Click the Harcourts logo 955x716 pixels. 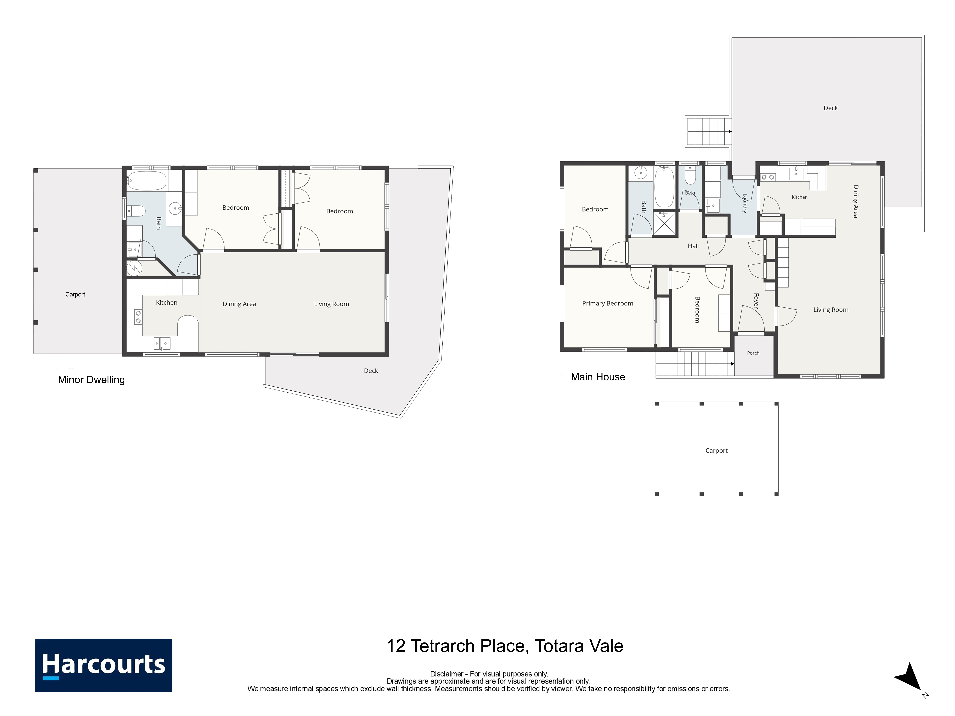[x=104, y=665]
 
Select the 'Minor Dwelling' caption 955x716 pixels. [x=92, y=380]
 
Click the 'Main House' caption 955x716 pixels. [x=598, y=377]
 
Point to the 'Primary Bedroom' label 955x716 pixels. [x=608, y=303]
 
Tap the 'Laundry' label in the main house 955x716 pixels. [x=745, y=203]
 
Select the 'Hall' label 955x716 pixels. [x=693, y=246]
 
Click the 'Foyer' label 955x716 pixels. [x=756, y=301]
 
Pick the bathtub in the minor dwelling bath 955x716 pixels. [x=147, y=181]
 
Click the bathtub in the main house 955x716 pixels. [x=664, y=188]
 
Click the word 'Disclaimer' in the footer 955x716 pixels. [x=447, y=674]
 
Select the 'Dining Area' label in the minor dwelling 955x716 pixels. [x=239, y=304]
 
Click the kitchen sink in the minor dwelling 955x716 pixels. [x=162, y=344]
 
